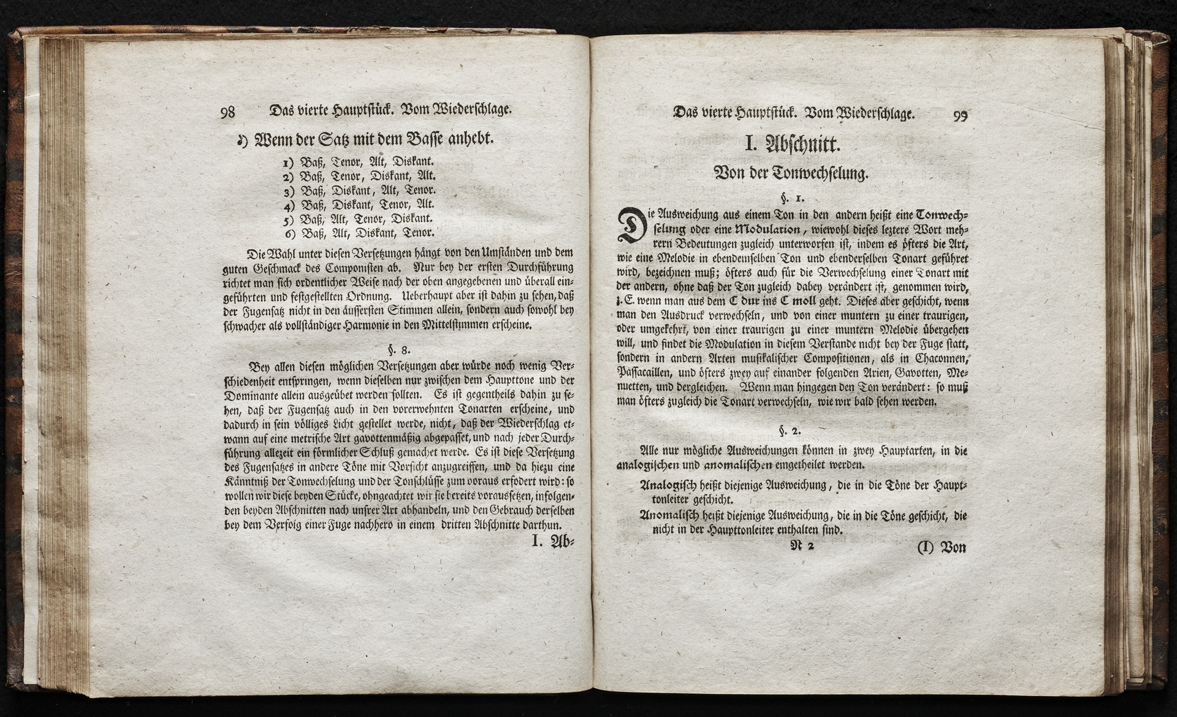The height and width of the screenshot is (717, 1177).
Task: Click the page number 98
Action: [x=228, y=112]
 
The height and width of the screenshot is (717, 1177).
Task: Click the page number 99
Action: [x=960, y=115]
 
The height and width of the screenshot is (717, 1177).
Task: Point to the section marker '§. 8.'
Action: [x=398, y=351]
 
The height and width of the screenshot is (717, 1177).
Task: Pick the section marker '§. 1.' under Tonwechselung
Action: [x=789, y=199]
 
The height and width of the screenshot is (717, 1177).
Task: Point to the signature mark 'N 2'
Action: [x=802, y=546]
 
